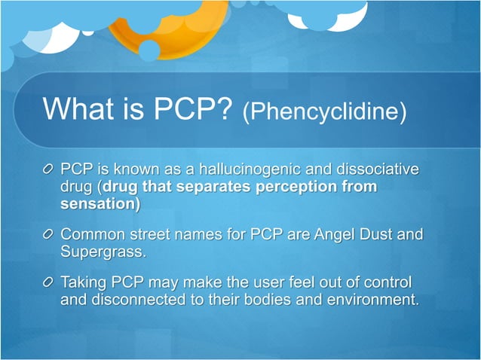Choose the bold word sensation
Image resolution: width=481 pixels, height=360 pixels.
(97, 204)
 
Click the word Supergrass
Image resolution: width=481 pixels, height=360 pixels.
(102, 253)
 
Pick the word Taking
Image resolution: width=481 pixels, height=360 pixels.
(85, 284)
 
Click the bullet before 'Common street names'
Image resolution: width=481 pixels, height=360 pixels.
(49, 236)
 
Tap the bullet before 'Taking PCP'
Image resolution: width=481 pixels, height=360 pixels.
(49, 285)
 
